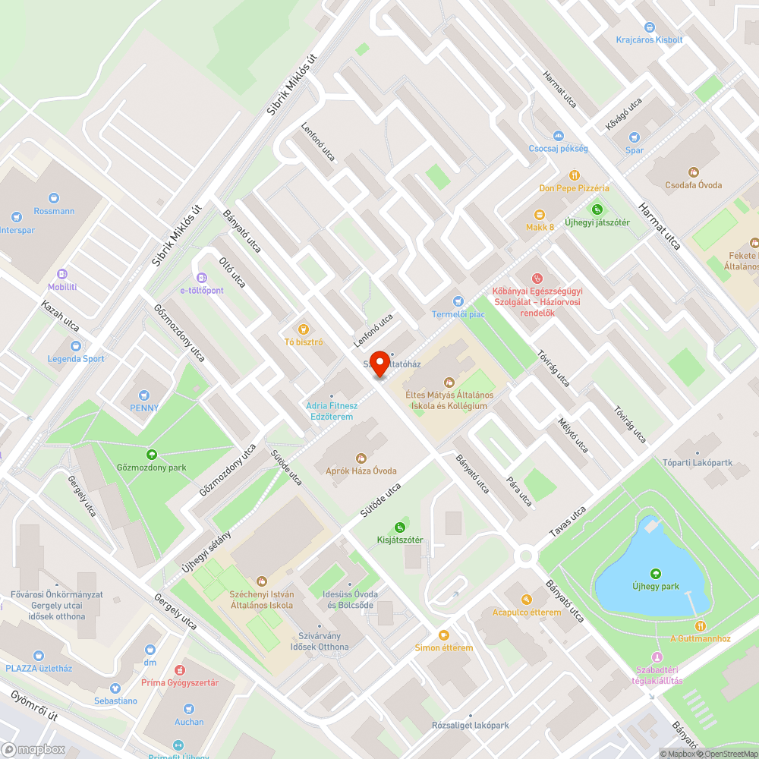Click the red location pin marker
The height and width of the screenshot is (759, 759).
379,361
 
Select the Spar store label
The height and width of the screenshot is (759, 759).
635,150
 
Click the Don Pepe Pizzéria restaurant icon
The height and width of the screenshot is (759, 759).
575,174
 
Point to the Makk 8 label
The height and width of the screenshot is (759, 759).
540,227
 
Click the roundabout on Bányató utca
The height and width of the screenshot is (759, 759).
524,556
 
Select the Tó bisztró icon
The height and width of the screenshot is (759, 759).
304,329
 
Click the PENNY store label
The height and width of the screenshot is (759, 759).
144,408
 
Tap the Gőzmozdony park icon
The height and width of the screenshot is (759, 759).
152,455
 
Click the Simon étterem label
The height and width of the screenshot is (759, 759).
444,647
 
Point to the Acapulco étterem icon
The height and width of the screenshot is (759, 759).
527,599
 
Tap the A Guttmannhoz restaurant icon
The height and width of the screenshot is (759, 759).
700,625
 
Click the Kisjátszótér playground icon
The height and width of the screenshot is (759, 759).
400,528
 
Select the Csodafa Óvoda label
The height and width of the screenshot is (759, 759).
693,184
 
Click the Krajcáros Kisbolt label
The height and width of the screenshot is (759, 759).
649,39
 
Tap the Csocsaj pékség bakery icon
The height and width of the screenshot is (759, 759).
559,136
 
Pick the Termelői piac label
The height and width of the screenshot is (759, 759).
458,314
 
